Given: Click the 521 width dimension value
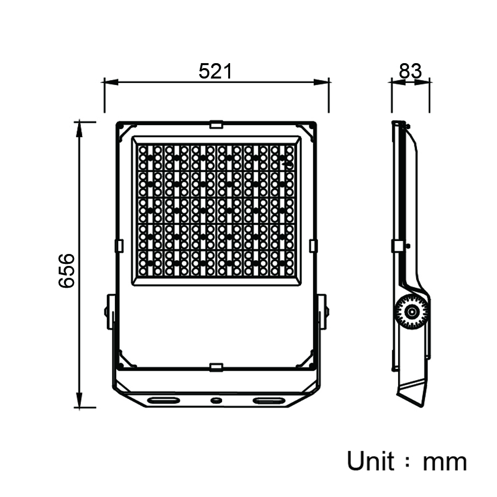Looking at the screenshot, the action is tap(215, 71).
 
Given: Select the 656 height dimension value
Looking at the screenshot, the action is tap(67, 270).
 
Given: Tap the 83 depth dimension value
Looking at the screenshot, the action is tap(410, 71).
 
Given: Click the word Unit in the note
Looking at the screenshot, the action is tap(371, 461).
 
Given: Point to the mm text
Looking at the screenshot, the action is tap(445, 463).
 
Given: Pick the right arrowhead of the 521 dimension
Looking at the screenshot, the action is tap(321, 82).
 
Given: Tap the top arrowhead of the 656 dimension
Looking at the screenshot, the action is tap(79, 129).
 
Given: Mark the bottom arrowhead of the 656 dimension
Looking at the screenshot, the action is tap(79, 400).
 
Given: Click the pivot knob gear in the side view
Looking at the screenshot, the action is tap(412, 312).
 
